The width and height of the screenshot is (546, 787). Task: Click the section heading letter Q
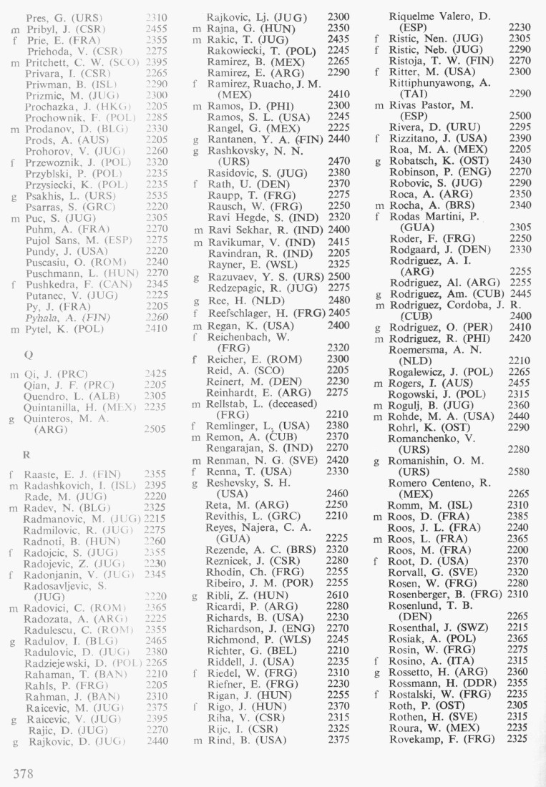coord(28,352)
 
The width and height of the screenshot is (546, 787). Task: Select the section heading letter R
coord(27,452)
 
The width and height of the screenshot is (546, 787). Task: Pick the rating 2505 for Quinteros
coord(156,429)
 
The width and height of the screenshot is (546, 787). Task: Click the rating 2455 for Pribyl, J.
coord(156,29)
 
